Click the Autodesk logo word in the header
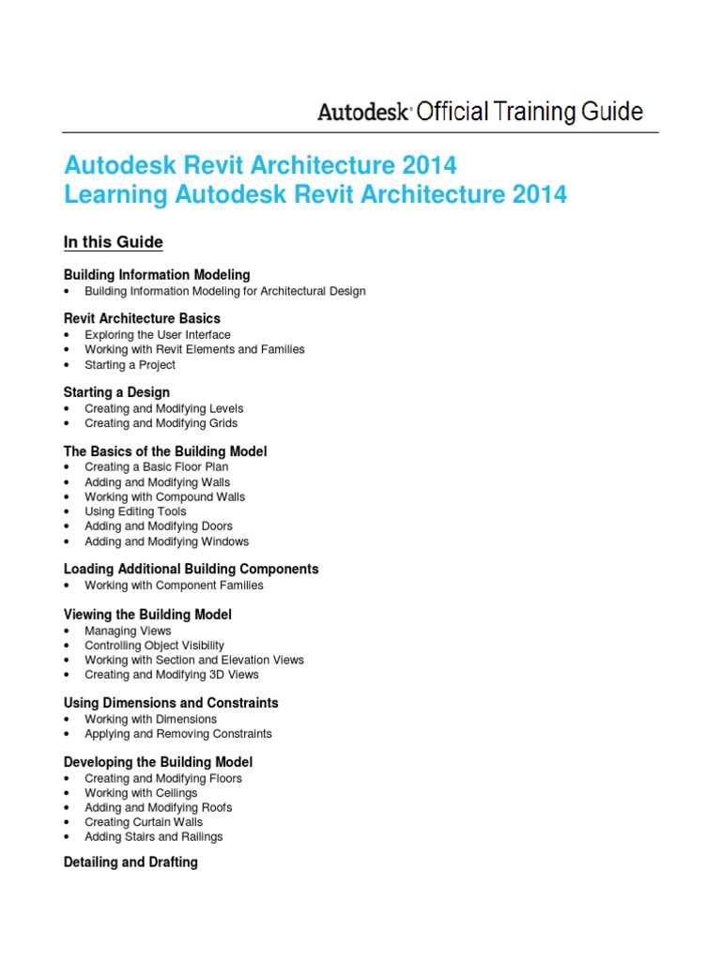(x=363, y=113)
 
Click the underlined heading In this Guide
(x=113, y=242)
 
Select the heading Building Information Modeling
(x=157, y=275)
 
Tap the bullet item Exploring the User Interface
(x=157, y=334)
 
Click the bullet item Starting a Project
(x=130, y=364)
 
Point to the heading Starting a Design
(x=116, y=392)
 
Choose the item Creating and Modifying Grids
(x=161, y=423)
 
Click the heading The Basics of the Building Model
(x=165, y=451)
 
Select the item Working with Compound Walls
(x=164, y=496)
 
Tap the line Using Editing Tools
(x=135, y=511)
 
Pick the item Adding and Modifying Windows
(x=166, y=542)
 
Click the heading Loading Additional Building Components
(x=191, y=569)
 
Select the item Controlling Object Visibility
(x=154, y=646)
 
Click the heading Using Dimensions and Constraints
(x=171, y=703)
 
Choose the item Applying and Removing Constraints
(x=177, y=734)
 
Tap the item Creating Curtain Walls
(x=143, y=822)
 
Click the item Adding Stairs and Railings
(x=153, y=837)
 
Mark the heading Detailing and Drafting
(x=130, y=862)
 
